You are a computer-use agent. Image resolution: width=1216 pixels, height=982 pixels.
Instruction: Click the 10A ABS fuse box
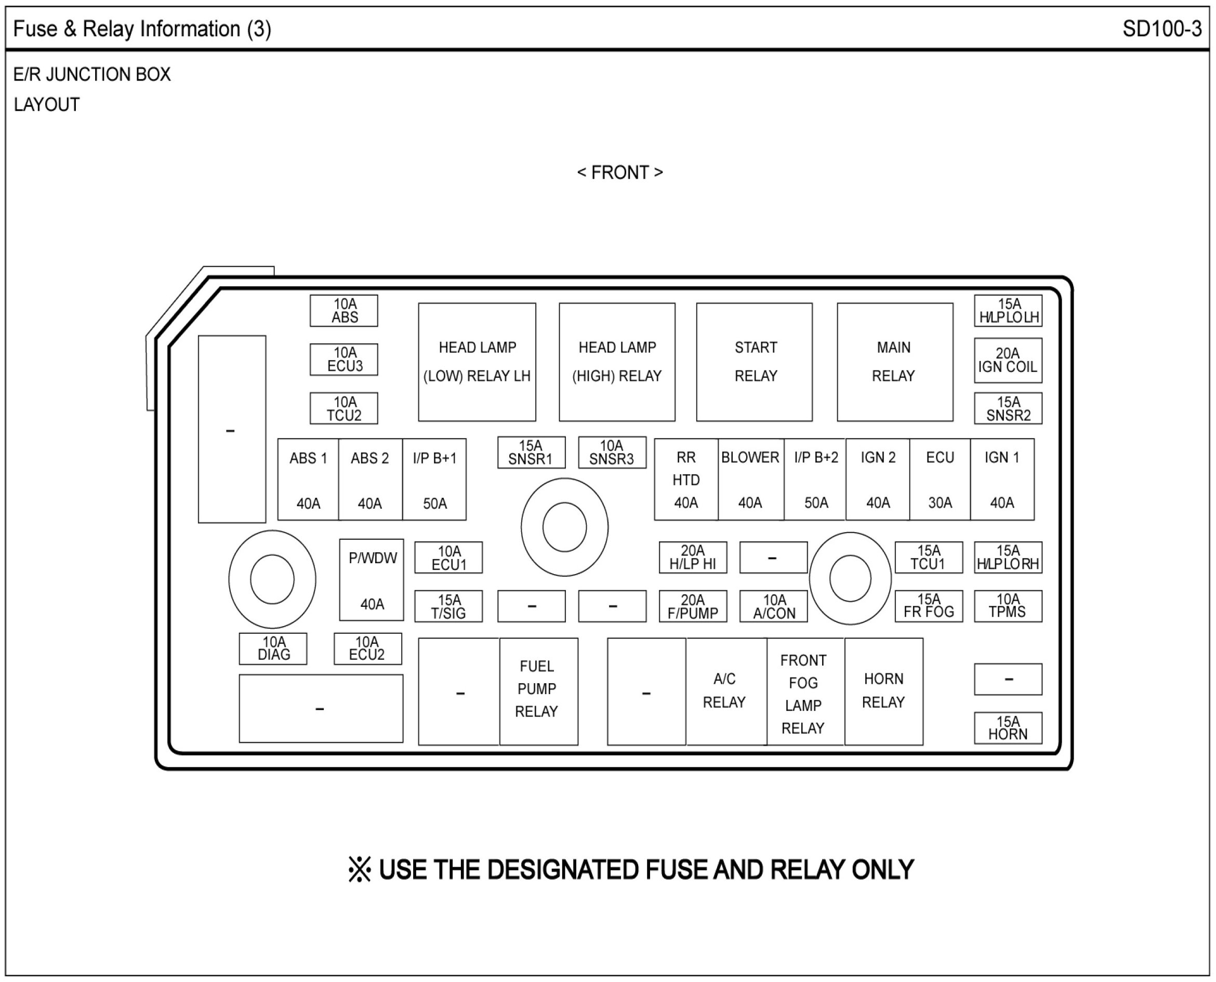pos(343,311)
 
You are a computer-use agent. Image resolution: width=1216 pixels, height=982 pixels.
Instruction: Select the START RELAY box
pos(754,362)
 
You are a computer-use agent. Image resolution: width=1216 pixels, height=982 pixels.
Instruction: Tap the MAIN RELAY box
pos(895,362)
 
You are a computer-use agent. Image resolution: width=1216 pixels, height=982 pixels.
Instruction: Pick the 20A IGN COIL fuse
pos(1008,361)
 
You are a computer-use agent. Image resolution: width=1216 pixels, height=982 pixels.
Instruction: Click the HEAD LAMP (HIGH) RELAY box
pos(617,362)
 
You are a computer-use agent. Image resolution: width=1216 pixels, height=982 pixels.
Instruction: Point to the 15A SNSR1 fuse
pos(531,453)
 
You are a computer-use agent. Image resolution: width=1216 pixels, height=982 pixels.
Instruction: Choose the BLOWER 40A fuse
pos(750,480)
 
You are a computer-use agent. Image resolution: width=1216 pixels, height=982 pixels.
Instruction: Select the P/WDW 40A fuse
pos(372,580)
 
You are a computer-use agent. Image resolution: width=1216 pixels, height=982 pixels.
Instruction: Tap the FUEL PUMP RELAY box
pos(538,691)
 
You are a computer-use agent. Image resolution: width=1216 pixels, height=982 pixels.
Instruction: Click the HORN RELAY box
pos(883,691)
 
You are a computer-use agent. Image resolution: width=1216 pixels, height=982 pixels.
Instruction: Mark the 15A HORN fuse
pos(1008,728)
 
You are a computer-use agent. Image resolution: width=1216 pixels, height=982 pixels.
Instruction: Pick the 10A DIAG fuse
pos(273,649)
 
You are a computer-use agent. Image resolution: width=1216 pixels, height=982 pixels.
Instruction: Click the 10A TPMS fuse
pos(1008,606)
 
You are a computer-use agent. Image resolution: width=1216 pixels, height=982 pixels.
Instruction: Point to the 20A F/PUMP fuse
pos(693,606)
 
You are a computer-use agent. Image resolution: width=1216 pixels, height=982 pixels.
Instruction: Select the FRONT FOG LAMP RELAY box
pos(804,691)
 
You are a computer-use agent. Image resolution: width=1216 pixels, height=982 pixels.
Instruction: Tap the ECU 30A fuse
pos(940,480)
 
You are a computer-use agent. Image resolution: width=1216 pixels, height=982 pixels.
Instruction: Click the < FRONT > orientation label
pos(619,172)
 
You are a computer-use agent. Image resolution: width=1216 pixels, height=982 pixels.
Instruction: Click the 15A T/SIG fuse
pos(448,606)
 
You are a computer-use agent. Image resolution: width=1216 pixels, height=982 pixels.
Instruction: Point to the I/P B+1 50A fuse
pos(434,480)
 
